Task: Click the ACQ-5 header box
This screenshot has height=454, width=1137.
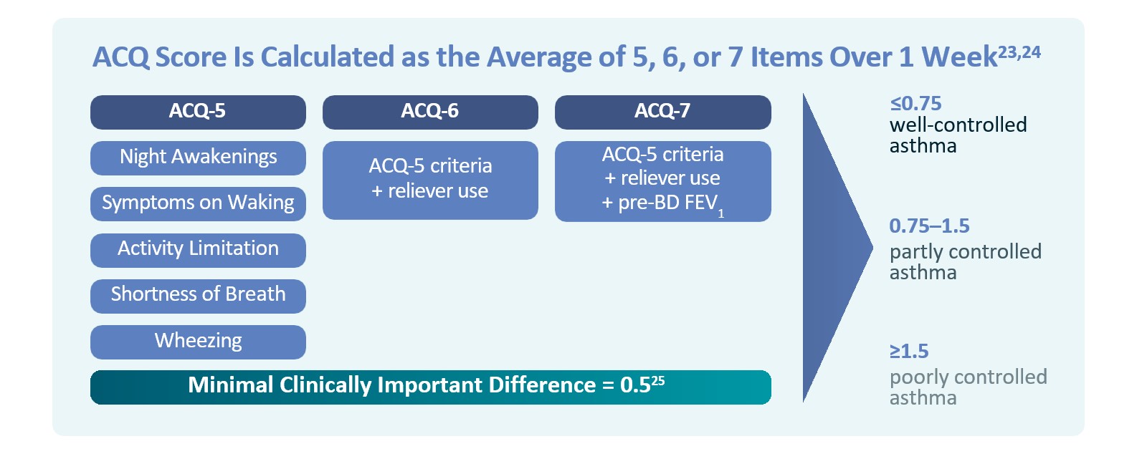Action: click(x=198, y=112)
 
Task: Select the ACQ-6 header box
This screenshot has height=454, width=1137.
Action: click(x=430, y=112)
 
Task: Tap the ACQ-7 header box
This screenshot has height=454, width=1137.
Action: click(x=663, y=112)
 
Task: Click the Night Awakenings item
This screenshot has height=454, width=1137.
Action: click(x=198, y=158)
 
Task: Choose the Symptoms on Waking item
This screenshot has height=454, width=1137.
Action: click(x=198, y=203)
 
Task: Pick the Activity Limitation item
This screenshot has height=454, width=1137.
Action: click(x=198, y=250)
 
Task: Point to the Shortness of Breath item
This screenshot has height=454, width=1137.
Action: click(x=198, y=296)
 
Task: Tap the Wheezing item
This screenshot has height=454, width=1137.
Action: click(x=198, y=342)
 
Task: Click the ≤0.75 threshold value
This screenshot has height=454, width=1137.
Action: click(x=915, y=104)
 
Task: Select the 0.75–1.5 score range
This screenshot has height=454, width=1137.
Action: click(x=929, y=226)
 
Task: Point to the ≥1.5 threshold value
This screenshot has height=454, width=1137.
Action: click(x=909, y=351)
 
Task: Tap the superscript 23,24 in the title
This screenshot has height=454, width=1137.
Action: click(x=1019, y=52)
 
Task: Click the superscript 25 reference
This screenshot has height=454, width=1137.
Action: click(x=658, y=380)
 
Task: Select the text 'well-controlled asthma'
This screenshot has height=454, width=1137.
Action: click(x=958, y=135)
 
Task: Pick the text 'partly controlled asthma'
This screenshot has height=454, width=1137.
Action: click(x=966, y=262)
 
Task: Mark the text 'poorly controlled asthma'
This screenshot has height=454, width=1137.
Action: click(x=969, y=387)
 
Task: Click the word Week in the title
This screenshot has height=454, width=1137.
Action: click(x=959, y=57)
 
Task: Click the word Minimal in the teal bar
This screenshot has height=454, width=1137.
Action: click(x=231, y=385)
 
